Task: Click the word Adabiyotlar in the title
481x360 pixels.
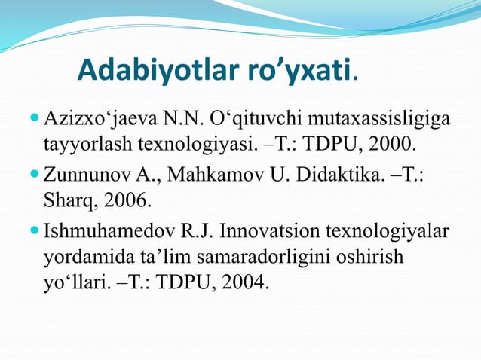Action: tap(159, 72)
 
